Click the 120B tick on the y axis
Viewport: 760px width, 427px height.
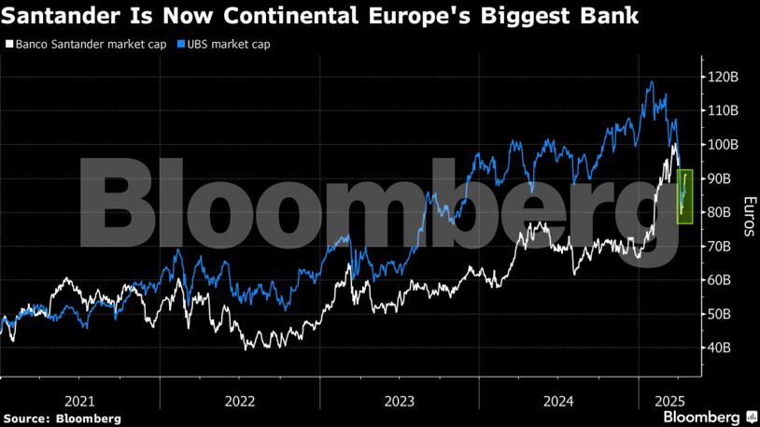[722, 77]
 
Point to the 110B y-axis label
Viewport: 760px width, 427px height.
[722, 110]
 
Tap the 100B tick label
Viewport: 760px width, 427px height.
[722, 145]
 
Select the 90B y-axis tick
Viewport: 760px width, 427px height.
[720, 178]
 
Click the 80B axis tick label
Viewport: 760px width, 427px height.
[720, 212]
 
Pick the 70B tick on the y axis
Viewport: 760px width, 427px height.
[720, 247]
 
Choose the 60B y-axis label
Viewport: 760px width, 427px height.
[720, 280]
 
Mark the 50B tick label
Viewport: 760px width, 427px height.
[720, 314]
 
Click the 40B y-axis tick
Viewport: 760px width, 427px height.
[720, 348]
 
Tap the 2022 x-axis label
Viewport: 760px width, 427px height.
[240, 401]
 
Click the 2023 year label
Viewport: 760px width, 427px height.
[400, 401]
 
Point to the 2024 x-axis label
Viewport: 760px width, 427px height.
[558, 401]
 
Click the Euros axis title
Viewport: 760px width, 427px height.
[748, 216]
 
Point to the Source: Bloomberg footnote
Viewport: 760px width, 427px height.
[62, 419]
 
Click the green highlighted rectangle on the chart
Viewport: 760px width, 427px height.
[684, 196]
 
